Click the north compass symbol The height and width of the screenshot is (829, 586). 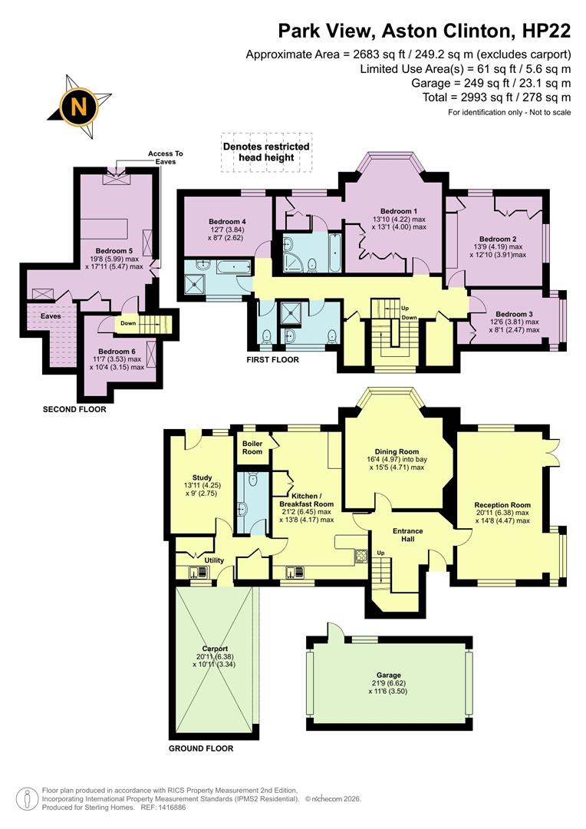(x=78, y=106)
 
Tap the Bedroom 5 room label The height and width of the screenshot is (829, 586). (x=114, y=251)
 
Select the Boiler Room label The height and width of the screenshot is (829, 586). (x=252, y=447)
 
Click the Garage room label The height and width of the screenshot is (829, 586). (x=389, y=675)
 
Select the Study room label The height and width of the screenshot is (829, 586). (x=202, y=477)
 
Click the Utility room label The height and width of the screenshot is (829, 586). (x=214, y=560)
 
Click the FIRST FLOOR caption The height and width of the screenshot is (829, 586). (x=272, y=359)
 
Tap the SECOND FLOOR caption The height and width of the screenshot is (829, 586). (x=74, y=409)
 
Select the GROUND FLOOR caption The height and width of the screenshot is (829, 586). (x=201, y=748)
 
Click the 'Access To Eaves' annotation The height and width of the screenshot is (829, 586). (x=166, y=157)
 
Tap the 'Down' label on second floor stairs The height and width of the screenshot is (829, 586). (x=127, y=323)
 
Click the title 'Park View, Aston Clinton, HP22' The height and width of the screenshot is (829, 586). (x=424, y=31)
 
